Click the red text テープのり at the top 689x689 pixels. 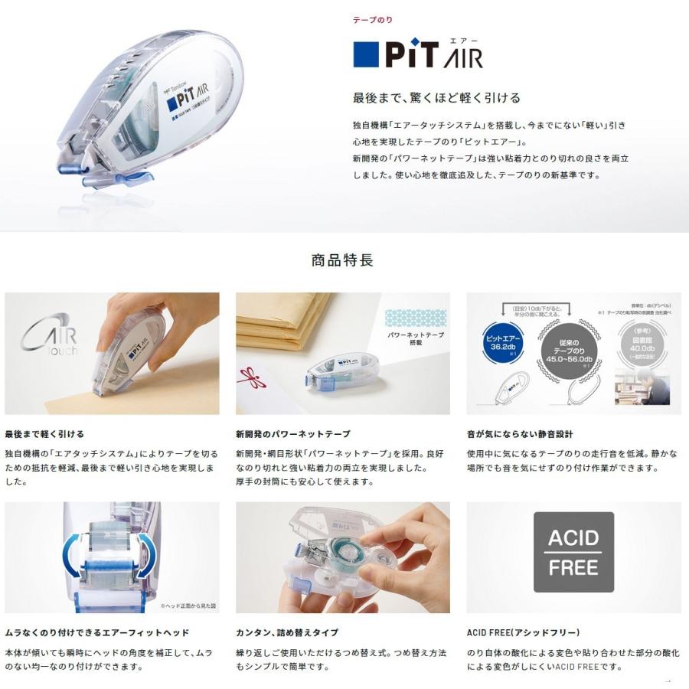[x=373, y=19]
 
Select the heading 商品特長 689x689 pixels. [x=342, y=260]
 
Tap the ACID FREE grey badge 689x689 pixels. [x=573, y=552]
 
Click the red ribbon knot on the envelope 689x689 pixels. [x=250, y=377]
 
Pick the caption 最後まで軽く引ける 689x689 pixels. [x=44, y=434]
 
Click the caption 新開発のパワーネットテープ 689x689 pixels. [x=292, y=434]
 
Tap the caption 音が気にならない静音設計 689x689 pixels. [x=520, y=434]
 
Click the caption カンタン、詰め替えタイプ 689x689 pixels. [x=287, y=633]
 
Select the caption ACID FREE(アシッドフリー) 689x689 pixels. [x=523, y=633]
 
